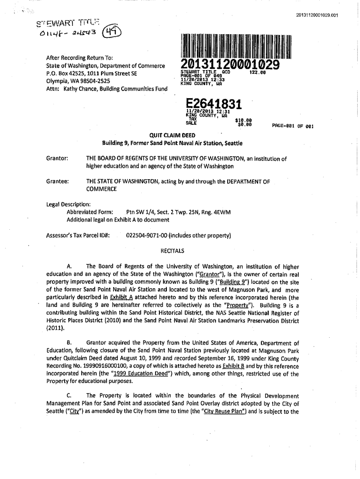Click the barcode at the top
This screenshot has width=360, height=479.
pos(238,46)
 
